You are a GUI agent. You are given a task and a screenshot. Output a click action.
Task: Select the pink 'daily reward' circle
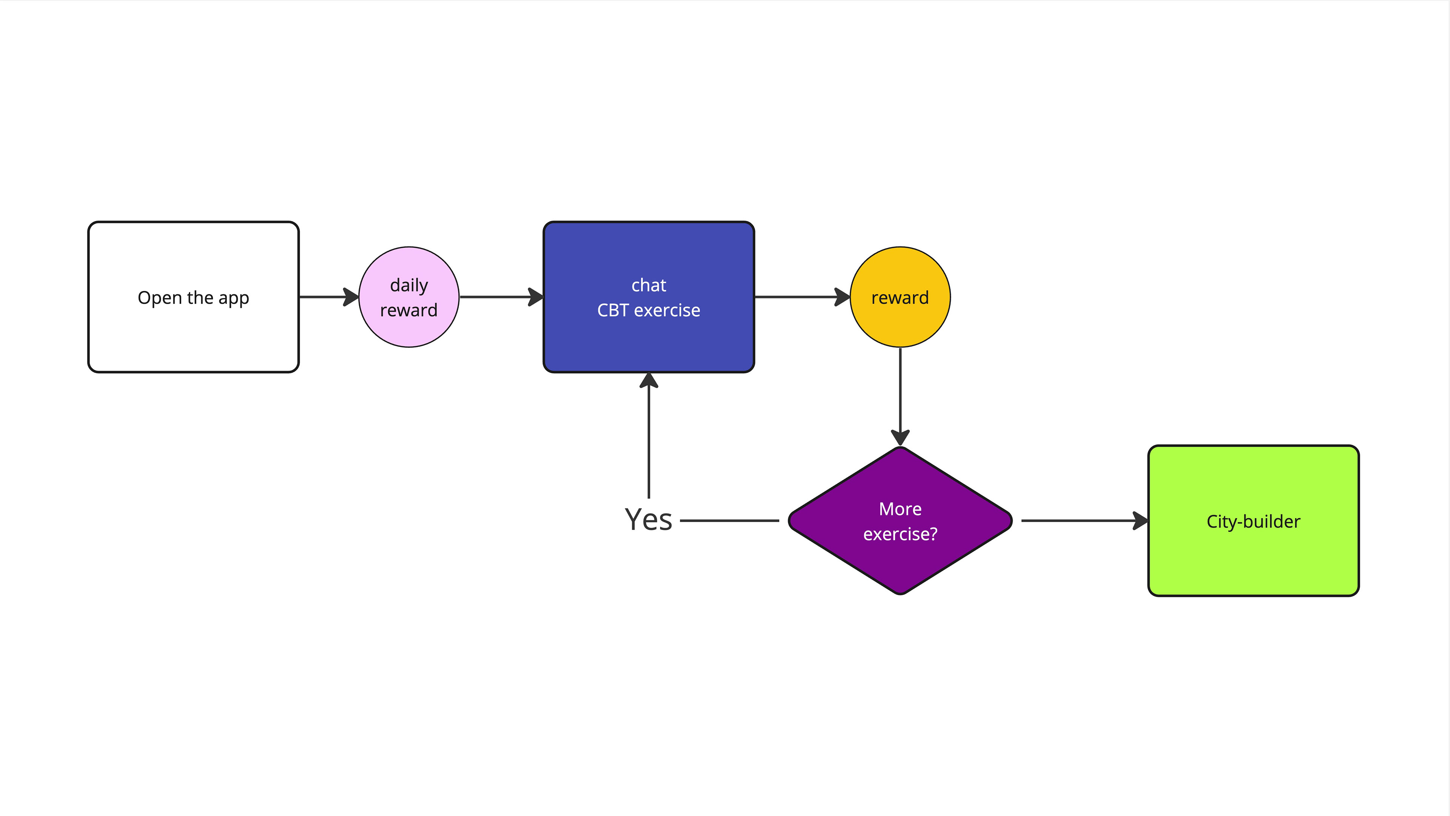pyautogui.click(x=409, y=297)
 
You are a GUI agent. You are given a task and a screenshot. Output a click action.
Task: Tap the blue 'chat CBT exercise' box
pyautogui.click(x=648, y=297)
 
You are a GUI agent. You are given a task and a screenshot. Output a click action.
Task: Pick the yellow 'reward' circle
pyautogui.click(x=900, y=297)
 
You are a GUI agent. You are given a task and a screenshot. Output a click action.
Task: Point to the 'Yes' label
pyautogui.click(x=648, y=519)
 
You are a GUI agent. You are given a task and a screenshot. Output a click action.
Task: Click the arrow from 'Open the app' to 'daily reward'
pyautogui.click(x=329, y=297)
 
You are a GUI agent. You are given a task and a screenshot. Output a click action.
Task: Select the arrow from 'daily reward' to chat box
pyautogui.click(x=501, y=297)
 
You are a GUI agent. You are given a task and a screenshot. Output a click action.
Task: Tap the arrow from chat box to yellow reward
pyautogui.click(x=802, y=297)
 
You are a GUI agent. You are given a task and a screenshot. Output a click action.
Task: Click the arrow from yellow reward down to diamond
pyautogui.click(x=900, y=396)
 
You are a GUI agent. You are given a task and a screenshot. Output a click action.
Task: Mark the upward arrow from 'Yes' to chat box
pyautogui.click(x=648, y=435)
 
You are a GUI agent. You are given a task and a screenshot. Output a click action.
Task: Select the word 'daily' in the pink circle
pyautogui.click(x=409, y=286)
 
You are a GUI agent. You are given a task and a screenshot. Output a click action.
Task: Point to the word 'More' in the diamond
pyautogui.click(x=900, y=509)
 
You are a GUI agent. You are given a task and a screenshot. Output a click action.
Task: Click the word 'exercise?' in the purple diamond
pyautogui.click(x=900, y=534)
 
